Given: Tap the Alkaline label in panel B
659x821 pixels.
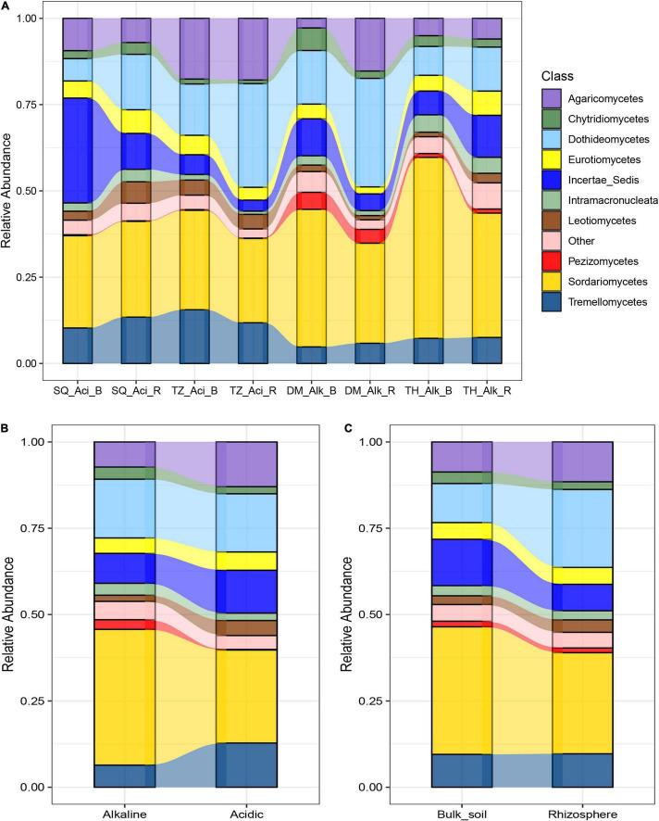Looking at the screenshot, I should (x=124, y=814).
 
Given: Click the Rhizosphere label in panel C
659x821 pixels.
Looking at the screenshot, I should (x=582, y=814).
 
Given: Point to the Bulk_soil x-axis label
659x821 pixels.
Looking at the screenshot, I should (x=461, y=814).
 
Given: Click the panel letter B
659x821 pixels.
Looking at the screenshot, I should (x=6, y=430).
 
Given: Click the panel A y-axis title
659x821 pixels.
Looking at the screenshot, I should (x=10, y=192).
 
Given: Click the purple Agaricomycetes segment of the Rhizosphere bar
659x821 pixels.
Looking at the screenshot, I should (x=582, y=461).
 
